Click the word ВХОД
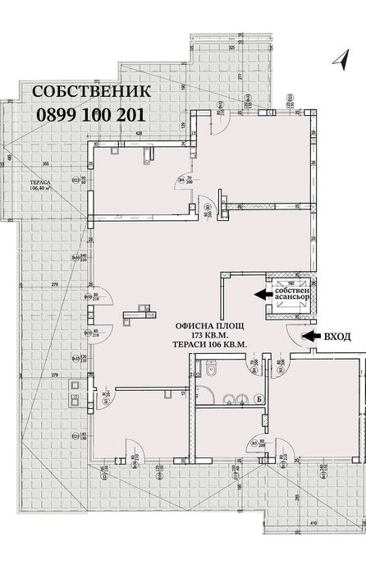[339, 336]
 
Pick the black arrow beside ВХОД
[312, 336]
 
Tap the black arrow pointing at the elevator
[262, 294]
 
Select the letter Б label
[260, 399]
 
